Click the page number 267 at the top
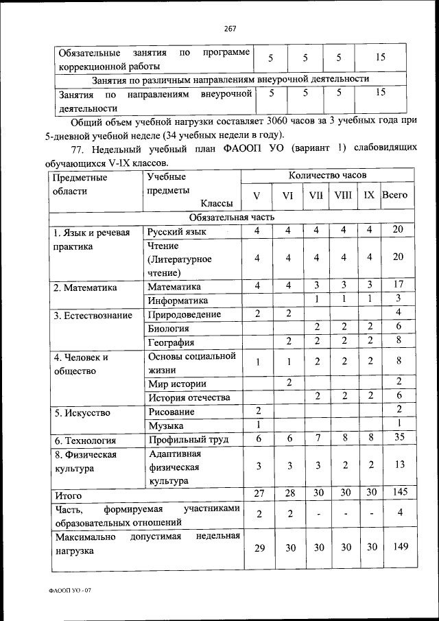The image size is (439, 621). point(230,28)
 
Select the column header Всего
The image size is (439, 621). point(394,195)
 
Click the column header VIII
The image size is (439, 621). point(342,195)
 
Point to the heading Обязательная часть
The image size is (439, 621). point(231,217)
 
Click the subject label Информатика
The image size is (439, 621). point(178,300)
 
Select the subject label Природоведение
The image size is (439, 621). point(184,314)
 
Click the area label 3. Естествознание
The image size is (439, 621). point(93,315)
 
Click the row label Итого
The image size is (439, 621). point(68,494)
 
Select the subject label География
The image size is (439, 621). point(171,342)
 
